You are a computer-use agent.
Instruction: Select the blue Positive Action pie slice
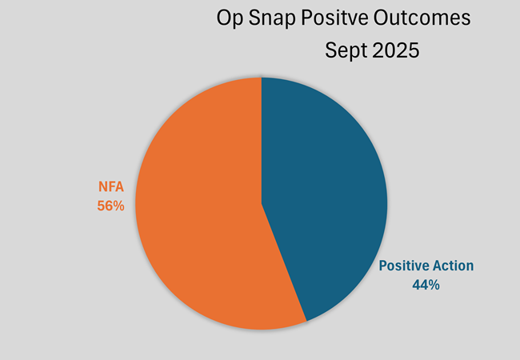coord(328,192)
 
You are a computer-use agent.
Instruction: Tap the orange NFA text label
coord(110,190)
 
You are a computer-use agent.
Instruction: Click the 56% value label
coord(110,206)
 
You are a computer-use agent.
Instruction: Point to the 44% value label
coord(424,283)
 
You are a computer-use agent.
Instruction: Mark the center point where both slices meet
coord(262,203)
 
